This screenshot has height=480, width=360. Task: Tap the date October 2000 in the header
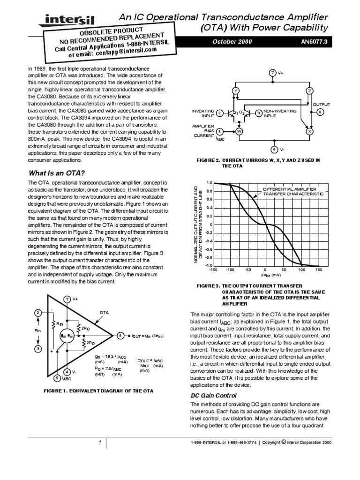pos(232,41)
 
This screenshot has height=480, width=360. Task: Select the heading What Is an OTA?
pos(57,172)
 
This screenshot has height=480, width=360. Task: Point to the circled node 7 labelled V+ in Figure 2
pos(273,72)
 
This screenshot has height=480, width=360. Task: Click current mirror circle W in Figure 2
pos(239,132)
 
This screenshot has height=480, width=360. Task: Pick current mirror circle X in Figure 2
pos(309,132)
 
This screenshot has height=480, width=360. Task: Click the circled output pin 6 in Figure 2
pos(320,112)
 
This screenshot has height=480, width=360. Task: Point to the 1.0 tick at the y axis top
pos(209,183)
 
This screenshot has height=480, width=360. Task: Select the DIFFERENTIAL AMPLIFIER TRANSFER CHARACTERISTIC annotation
pos(293,191)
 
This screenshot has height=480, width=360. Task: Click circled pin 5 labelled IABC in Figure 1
pos(57,378)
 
